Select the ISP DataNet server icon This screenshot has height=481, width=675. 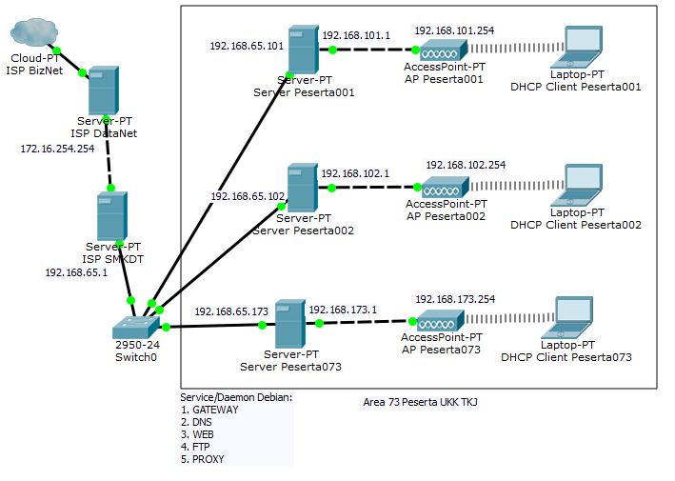[103, 90]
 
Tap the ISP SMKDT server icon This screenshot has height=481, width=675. [111, 216]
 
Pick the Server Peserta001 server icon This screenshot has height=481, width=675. [302, 51]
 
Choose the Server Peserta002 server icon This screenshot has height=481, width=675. [302, 188]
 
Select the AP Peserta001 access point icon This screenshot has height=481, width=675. [444, 50]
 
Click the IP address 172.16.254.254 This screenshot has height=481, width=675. [58, 149]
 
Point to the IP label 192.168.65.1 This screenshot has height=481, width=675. [77, 272]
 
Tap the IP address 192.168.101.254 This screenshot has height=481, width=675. [454, 30]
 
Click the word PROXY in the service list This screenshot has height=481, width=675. [208, 459]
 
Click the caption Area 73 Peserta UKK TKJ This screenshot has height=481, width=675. [420, 403]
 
